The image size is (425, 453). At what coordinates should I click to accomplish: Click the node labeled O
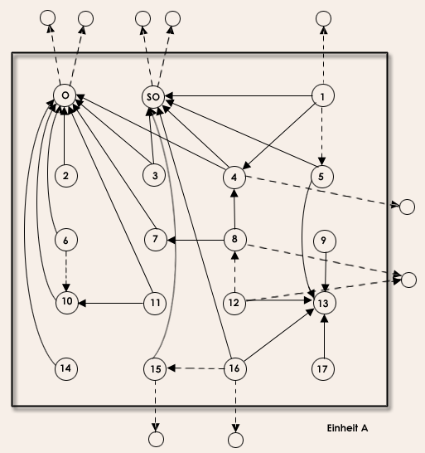[65, 95]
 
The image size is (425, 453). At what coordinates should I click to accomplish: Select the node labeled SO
[153, 97]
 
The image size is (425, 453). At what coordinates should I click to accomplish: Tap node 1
[323, 95]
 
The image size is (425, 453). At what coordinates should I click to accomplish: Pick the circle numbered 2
[66, 176]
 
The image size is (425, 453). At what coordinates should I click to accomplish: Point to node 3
[154, 175]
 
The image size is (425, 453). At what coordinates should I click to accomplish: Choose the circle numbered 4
[234, 178]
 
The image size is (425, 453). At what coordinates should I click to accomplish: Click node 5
[322, 177]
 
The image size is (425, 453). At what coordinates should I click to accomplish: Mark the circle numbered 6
[66, 240]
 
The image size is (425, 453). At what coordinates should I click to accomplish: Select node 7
[156, 240]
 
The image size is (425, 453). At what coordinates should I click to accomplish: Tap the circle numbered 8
[235, 239]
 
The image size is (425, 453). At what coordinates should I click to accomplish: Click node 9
[324, 241]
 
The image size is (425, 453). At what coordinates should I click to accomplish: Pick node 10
[67, 302]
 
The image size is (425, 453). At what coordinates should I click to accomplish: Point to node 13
[324, 303]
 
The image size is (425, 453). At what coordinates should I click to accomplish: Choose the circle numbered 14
[66, 368]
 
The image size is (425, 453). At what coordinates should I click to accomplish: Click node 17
[323, 369]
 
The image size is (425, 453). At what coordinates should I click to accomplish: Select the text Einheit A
[347, 428]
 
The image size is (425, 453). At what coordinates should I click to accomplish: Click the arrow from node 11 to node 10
[111, 304]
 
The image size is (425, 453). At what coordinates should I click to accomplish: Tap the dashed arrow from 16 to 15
[196, 368]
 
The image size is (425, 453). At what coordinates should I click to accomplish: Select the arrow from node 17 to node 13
[324, 336]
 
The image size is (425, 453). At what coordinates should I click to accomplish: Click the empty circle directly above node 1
[323, 19]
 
